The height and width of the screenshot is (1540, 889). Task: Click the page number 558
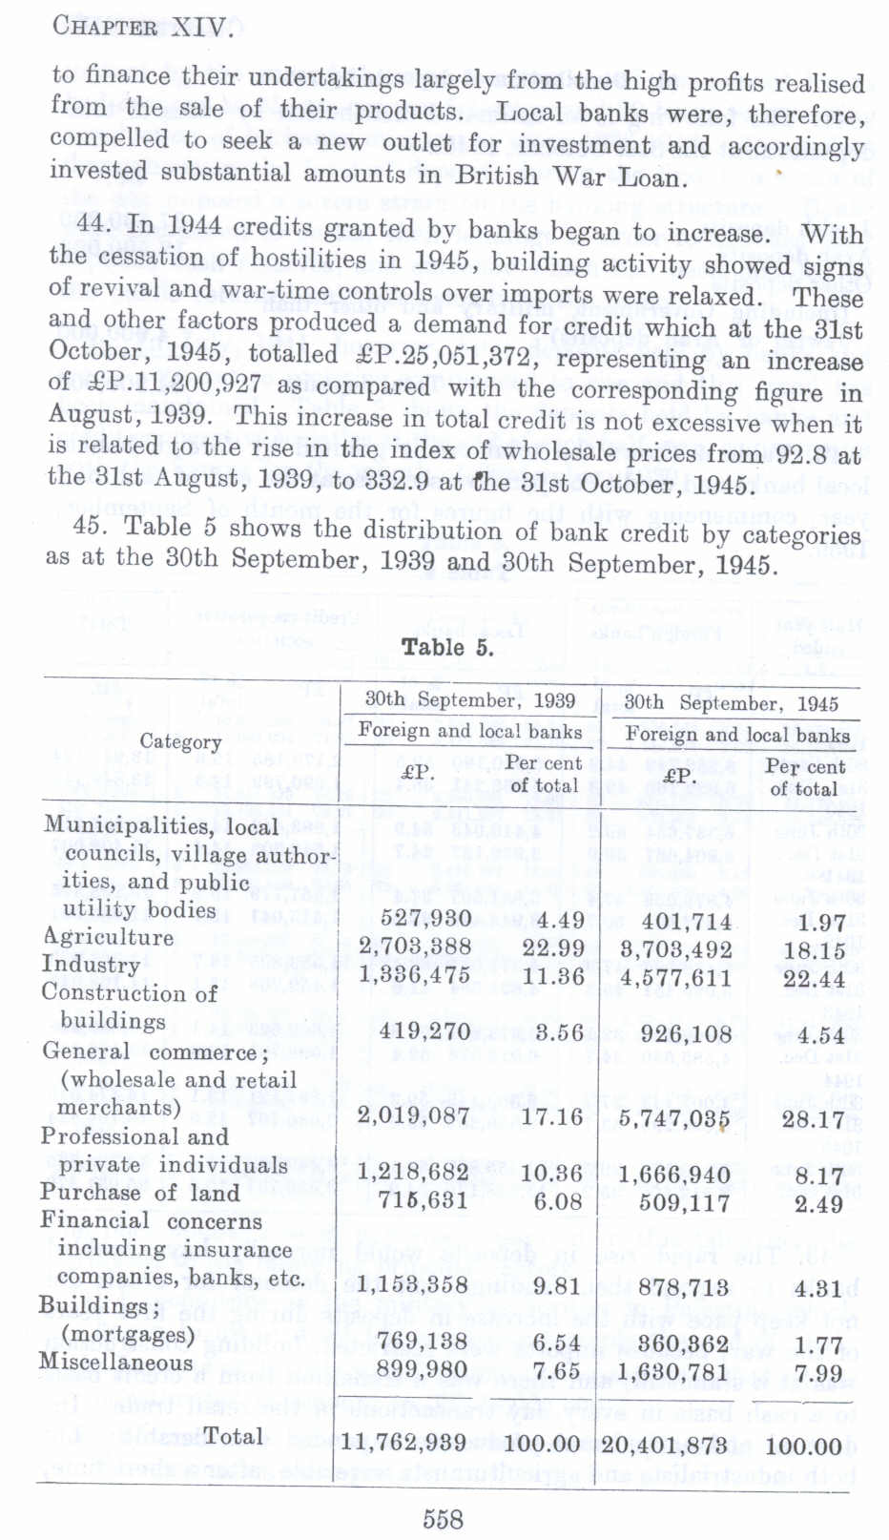click(x=443, y=1517)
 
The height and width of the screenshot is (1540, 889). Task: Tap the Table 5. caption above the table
click(x=447, y=648)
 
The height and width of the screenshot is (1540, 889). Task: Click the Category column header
click(x=180, y=741)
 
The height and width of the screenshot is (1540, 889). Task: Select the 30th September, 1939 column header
click(x=470, y=699)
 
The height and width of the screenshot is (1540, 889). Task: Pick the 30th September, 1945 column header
click(x=731, y=703)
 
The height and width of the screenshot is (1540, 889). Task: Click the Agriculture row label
click(x=108, y=937)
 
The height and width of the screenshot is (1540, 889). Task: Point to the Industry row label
click(x=91, y=965)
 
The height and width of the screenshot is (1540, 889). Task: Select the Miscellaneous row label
click(x=115, y=1363)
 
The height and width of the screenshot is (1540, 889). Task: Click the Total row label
click(x=234, y=1437)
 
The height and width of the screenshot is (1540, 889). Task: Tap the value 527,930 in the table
click(x=425, y=918)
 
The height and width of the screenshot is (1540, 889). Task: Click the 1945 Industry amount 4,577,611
click(x=675, y=978)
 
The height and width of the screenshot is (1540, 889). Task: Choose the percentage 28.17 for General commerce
click(x=812, y=1119)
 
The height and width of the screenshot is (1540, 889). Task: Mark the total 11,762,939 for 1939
click(x=403, y=1442)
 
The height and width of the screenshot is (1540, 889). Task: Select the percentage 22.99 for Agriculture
click(x=551, y=947)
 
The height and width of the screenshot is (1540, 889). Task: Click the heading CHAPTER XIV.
click(x=142, y=26)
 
